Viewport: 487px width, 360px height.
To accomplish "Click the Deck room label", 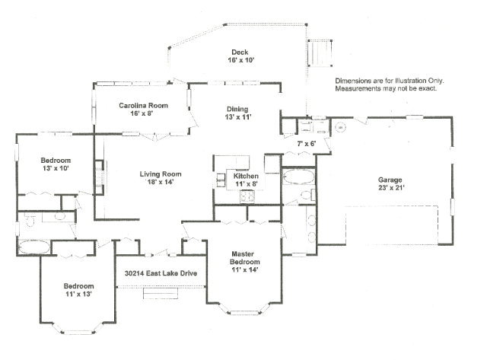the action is (241, 56).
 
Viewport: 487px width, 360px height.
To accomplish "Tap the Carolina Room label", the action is (143, 109).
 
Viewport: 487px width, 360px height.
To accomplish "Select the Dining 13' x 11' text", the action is (238, 113).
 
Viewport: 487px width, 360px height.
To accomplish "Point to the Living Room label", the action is (161, 177).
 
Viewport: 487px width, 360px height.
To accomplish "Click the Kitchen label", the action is (246, 180).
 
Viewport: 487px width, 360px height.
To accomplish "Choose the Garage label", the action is (390, 183).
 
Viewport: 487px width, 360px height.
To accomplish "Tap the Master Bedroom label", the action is (245, 262).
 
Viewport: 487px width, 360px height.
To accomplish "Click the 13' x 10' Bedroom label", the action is (56, 164).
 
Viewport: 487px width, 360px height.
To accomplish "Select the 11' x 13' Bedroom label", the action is (78, 289).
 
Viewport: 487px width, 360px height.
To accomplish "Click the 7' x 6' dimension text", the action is (306, 144).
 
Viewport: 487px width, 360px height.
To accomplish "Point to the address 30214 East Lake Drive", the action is (161, 273).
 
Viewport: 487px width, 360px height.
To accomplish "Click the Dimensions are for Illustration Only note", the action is (390, 84).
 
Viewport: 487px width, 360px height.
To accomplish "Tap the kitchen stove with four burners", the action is (247, 196).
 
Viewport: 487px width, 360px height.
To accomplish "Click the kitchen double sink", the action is (221, 180).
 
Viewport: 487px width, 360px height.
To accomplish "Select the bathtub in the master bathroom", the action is (298, 177).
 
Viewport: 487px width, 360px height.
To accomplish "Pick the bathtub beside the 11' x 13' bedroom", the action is (33, 247).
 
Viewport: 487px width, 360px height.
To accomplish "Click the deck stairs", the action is (320, 53).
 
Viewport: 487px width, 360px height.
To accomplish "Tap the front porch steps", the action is (161, 294).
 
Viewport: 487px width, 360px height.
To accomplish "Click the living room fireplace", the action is (99, 177).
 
